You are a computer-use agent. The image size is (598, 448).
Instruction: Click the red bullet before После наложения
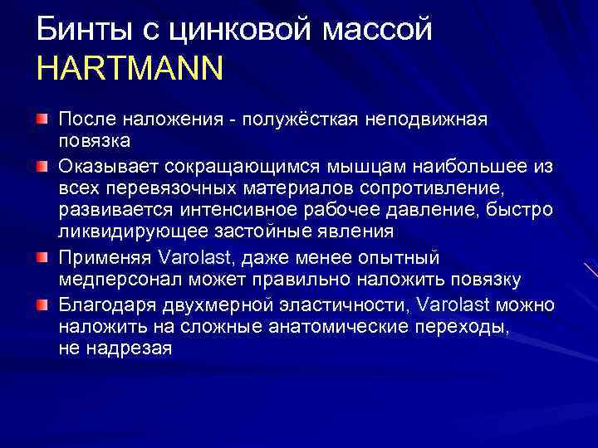pos(42,120)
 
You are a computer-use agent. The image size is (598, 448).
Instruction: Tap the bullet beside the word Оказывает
pos(42,167)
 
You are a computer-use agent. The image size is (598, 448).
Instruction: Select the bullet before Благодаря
pos(42,304)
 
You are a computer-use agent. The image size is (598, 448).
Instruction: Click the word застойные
pos(243,235)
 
